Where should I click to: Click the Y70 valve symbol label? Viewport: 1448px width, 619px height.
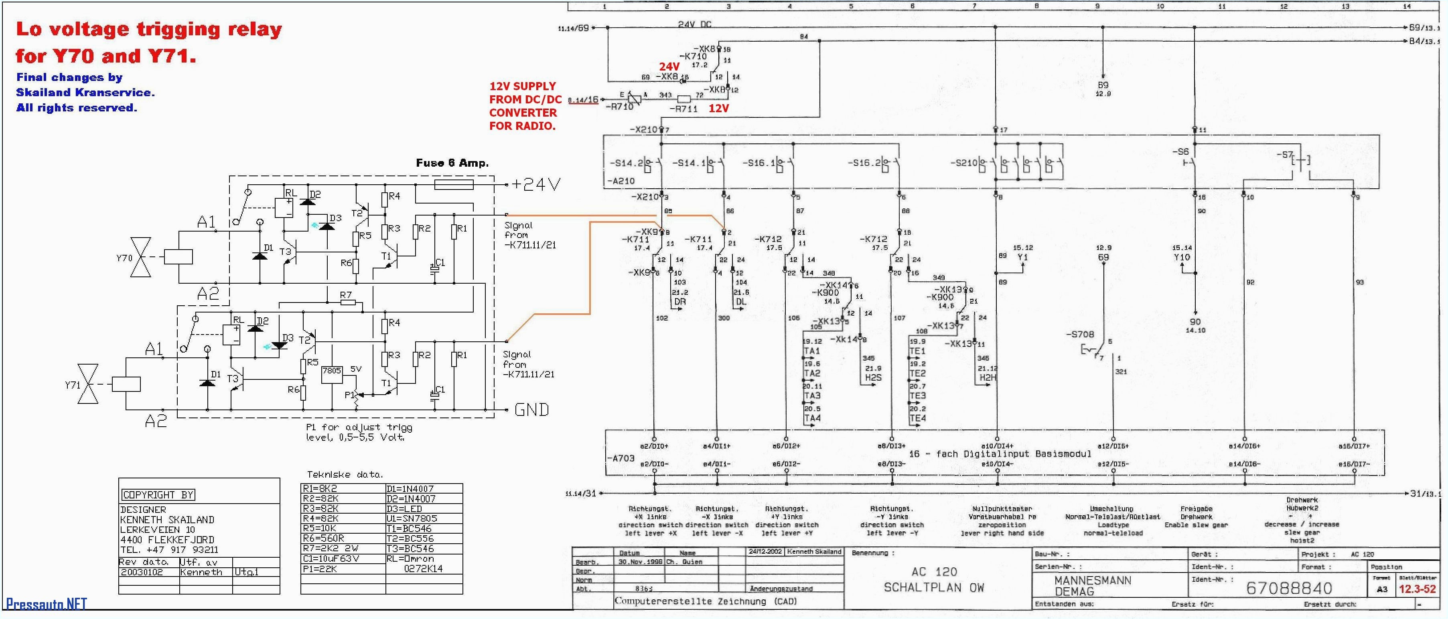pos(124,258)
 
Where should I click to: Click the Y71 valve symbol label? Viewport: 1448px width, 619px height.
pos(73,385)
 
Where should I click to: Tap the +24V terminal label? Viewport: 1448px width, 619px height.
pos(535,184)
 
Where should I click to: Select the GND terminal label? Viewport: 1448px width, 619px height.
pos(531,409)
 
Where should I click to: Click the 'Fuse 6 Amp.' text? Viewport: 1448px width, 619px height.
pos(452,163)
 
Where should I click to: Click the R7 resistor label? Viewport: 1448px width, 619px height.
pos(346,295)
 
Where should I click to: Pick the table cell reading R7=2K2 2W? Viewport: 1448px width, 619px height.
pos(331,548)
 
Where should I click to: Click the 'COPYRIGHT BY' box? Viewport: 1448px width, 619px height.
pos(158,495)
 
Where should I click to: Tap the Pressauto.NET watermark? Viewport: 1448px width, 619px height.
pos(46,604)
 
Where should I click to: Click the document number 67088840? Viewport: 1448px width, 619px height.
pos(1289,588)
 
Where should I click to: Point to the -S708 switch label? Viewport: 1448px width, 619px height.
pos(1080,334)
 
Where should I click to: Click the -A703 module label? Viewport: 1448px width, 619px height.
pos(621,458)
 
